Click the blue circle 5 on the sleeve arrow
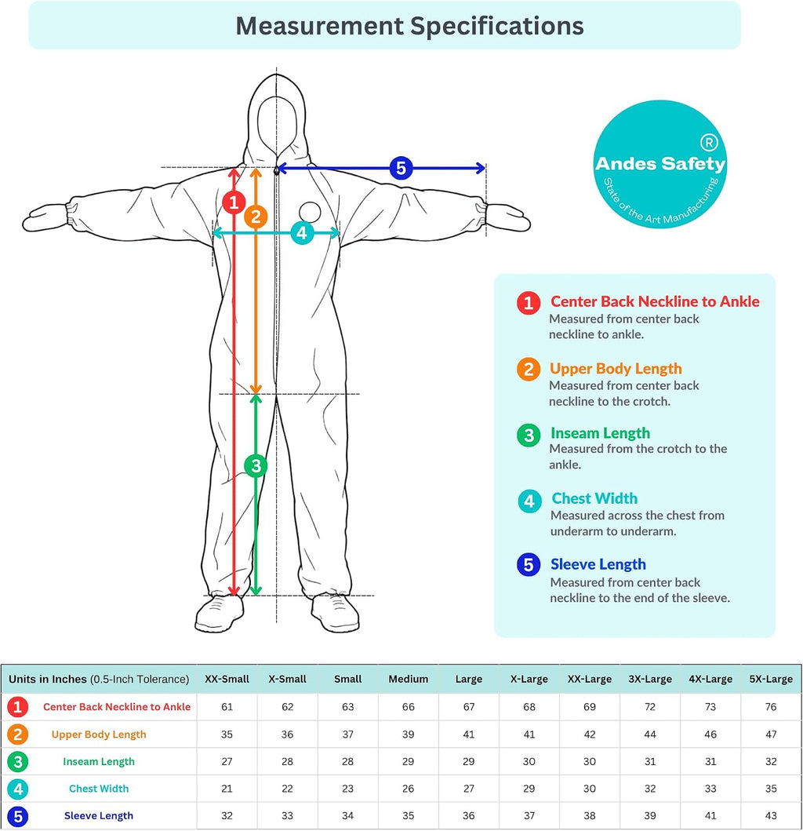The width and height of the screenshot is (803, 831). (x=401, y=168)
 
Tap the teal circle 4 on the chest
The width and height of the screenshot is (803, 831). (x=301, y=232)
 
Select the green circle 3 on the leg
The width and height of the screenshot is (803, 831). (x=256, y=466)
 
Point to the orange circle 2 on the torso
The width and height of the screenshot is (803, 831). (x=256, y=217)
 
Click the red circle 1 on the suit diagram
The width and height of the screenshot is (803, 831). (x=234, y=202)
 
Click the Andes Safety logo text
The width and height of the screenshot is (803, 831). (x=660, y=163)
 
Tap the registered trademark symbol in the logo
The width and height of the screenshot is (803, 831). (x=709, y=142)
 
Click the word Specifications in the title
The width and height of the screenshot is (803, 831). (x=497, y=26)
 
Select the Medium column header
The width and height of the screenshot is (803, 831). (x=409, y=679)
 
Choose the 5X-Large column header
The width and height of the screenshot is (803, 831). (x=771, y=679)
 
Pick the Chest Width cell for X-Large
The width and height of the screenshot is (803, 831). (x=529, y=789)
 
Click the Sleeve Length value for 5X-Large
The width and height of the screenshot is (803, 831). (x=771, y=815)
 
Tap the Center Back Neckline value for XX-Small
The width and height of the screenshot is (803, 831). (x=227, y=707)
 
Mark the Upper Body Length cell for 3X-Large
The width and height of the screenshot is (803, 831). (x=650, y=734)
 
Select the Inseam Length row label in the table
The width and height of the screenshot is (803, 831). (x=99, y=762)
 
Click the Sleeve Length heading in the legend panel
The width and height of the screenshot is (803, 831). (x=598, y=564)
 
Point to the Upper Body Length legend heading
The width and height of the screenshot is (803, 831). (x=616, y=368)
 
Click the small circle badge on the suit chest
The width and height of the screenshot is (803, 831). (x=310, y=212)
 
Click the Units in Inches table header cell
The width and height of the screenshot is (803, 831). (x=99, y=679)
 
